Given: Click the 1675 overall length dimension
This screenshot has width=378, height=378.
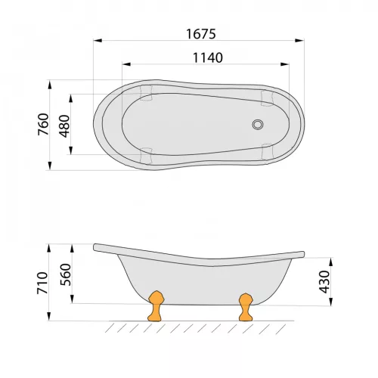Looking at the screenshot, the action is click(201, 34).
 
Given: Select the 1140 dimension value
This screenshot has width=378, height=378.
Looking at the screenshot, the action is click(208, 57).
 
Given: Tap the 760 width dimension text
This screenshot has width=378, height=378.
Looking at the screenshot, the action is click(43, 125).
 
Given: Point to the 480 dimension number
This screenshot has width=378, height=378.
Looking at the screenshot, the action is click(64, 126).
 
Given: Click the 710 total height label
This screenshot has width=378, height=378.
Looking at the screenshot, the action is click(42, 283).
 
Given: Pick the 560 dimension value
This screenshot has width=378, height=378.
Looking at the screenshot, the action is click(66, 274).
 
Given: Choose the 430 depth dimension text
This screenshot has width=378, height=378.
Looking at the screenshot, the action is click(324, 282).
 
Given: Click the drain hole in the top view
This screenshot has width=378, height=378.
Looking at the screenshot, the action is click(258, 125).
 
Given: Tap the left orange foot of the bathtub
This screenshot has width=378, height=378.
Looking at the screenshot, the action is click(156, 306).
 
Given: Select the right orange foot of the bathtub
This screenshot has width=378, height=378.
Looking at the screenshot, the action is click(246, 307).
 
